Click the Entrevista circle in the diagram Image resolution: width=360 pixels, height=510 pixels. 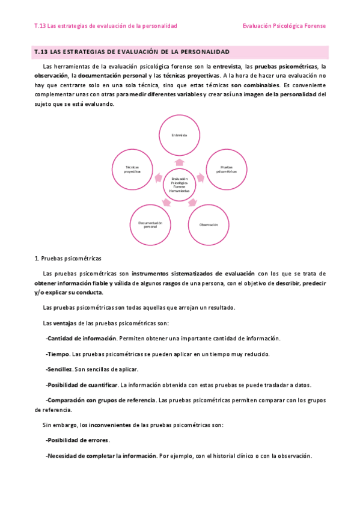pos(179,135)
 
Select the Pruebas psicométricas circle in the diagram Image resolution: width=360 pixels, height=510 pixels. pos(227,170)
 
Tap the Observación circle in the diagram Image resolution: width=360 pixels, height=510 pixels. pos(208,224)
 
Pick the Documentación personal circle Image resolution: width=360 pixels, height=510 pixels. pos(151,224)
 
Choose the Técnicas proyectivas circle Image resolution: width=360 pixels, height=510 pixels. pos(132,170)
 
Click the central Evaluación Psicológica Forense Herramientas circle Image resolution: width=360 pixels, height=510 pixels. pos(180,185)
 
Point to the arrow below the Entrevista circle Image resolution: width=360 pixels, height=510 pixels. pos(179,162)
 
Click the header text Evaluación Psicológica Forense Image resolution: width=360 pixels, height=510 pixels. pos(284,26)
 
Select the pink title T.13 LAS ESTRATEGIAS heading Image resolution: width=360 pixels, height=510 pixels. pos(132,52)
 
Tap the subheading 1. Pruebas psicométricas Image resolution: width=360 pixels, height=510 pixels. pos(68,258)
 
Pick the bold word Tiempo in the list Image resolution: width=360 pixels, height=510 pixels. pos(58,354)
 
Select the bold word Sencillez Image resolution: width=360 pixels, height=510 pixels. pos(60,369)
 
